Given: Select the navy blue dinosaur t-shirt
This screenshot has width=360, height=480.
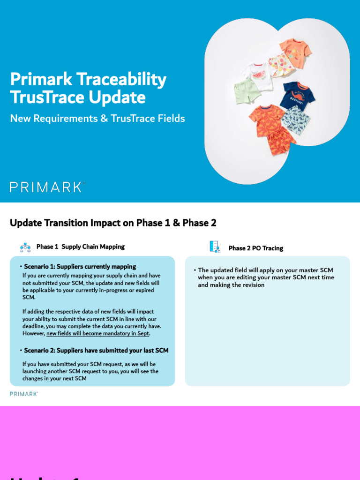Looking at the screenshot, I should click(x=297, y=95).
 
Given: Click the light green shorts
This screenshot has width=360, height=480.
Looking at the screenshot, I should click(x=247, y=90).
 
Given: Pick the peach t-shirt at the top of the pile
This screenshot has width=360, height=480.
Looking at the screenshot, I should click(x=295, y=52).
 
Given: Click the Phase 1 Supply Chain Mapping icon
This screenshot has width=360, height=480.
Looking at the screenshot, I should click(x=25, y=247).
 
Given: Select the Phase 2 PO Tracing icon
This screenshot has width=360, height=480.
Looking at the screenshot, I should click(x=215, y=247).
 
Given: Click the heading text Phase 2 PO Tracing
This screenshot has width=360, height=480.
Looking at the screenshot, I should click(x=255, y=248).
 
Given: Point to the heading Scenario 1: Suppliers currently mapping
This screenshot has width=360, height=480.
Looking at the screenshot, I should click(x=80, y=267).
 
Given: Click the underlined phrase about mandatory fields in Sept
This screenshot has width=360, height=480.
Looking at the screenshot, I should click(x=98, y=333).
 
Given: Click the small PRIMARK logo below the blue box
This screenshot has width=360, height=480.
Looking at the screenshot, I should click(x=23, y=394).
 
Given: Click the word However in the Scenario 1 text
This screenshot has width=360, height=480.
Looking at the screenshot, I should click(x=33, y=333).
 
